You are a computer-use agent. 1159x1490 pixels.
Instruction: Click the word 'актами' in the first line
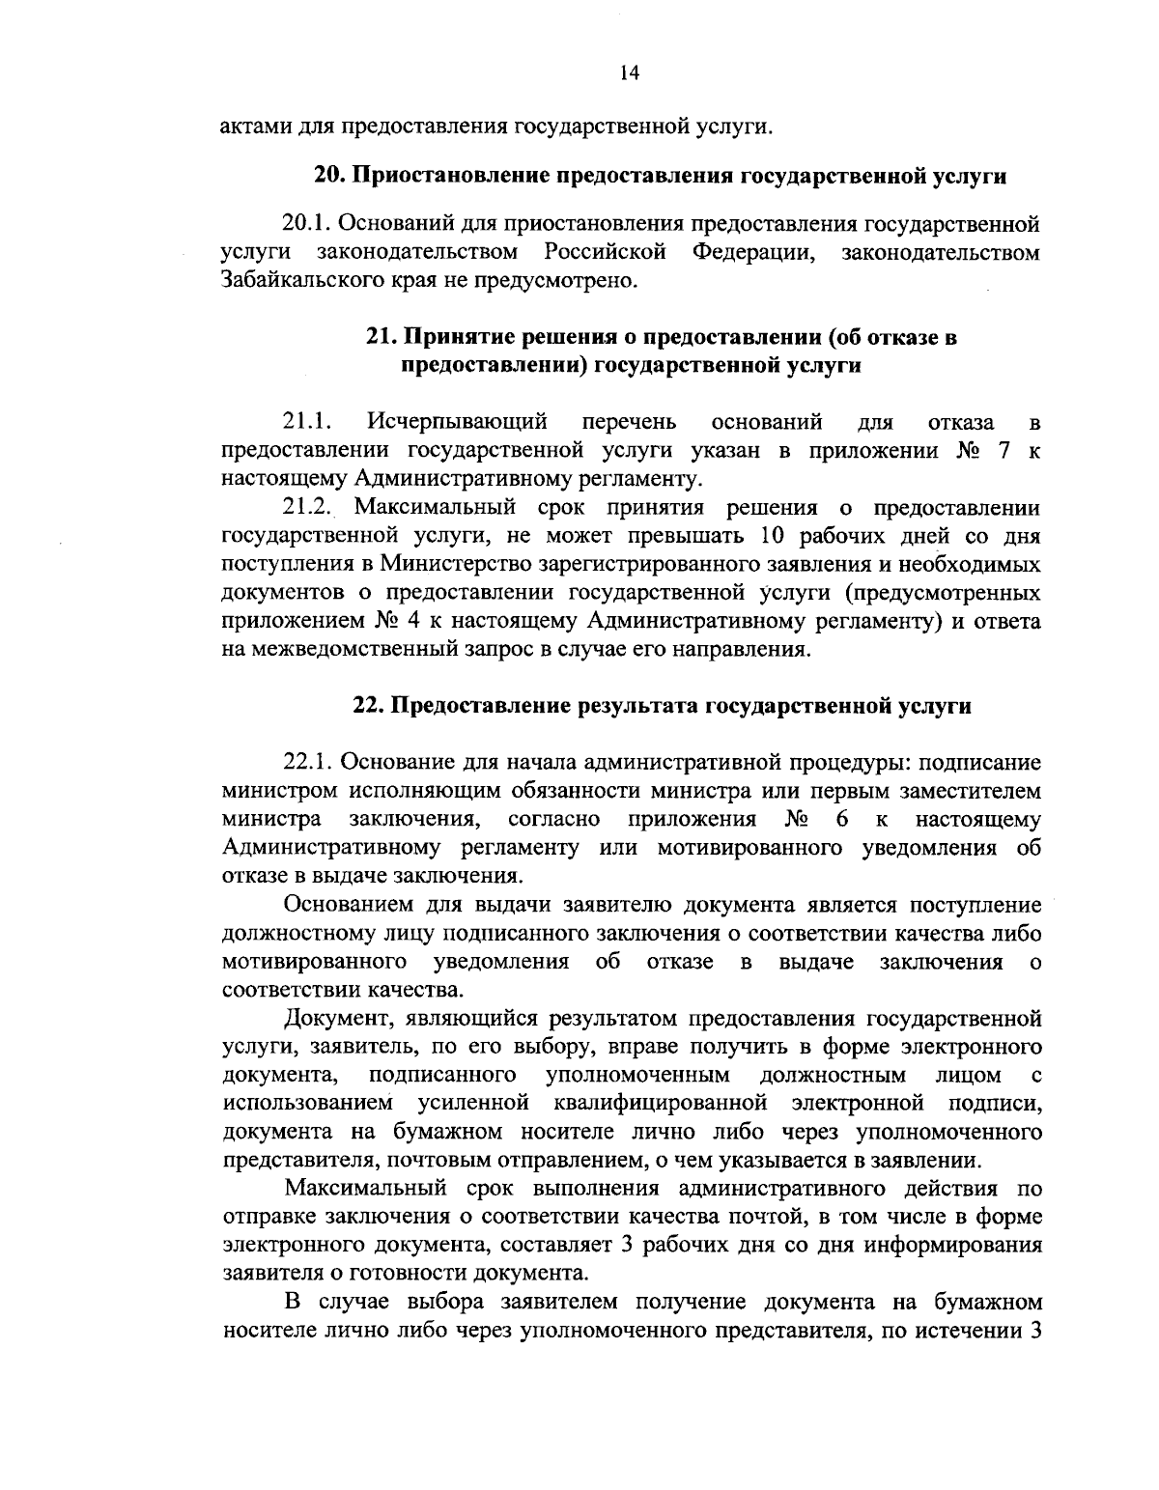253,126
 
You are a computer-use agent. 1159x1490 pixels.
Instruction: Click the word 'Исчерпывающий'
458,422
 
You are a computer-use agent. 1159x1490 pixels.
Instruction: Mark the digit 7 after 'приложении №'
1004,450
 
